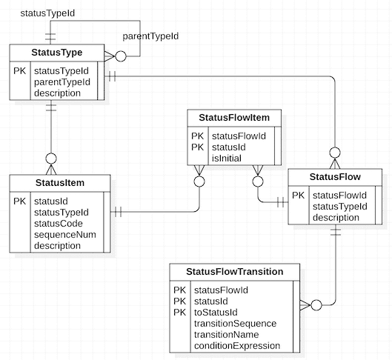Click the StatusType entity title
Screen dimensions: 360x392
tap(57, 52)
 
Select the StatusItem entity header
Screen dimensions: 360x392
tap(60, 182)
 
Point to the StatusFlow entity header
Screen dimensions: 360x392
tap(335, 177)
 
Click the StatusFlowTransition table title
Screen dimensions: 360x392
tap(234, 271)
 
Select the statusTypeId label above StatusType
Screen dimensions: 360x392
tap(47, 13)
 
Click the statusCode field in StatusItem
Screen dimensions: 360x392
tap(59, 223)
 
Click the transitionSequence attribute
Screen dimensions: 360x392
tap(234, 324)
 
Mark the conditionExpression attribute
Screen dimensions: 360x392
tap(236, 346)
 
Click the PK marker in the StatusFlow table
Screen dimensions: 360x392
tap(298, 196)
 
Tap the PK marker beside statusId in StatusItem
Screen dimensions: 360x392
tap(20, 201)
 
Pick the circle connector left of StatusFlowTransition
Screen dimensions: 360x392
tap(316, 304)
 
